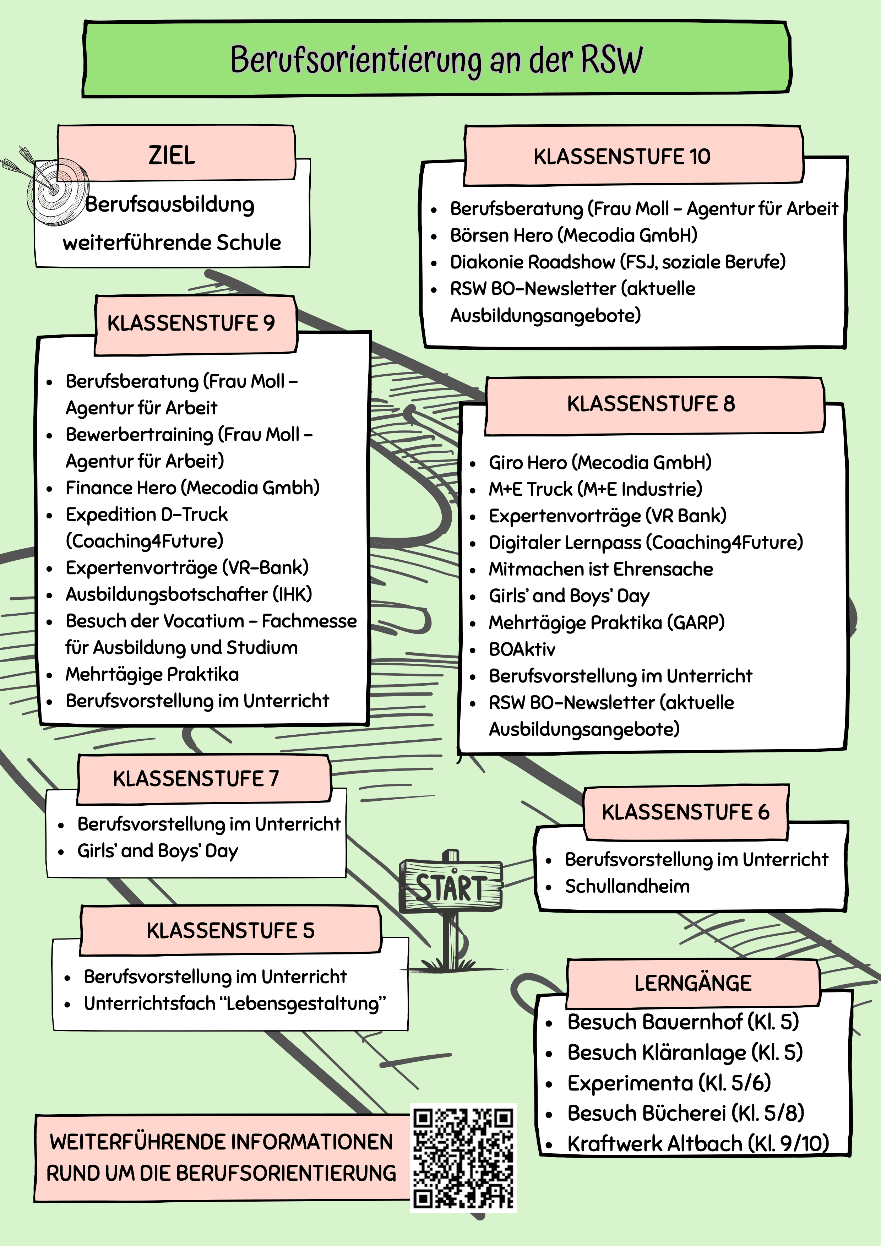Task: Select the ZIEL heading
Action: coord(172,155)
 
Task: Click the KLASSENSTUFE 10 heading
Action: coord(621,156)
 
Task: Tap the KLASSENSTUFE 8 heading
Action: coord(651,404)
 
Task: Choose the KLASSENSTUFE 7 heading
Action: coord(196,779)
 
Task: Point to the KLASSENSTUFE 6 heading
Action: coord(686,812)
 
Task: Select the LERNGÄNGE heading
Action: coord(693,983)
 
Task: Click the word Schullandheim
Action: coord(627,886)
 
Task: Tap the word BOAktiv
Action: coord(522,649)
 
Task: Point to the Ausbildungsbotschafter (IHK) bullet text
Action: coord(189,594)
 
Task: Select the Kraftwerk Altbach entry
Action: coord(698,1143)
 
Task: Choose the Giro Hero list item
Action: coord(600,462)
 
